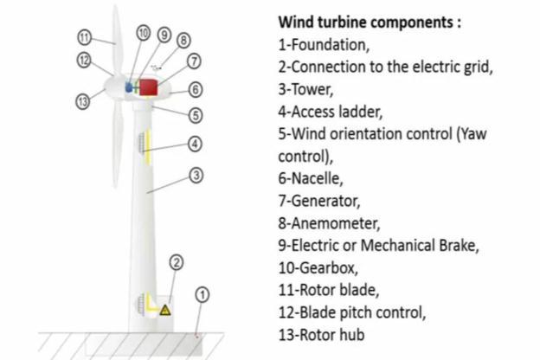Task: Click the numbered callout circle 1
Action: tap(201, 295)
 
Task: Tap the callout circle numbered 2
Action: tap(176, 261)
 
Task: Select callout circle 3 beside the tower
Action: tap(196, 176)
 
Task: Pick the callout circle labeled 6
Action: tap(196, 89)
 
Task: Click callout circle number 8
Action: tap(183, 40)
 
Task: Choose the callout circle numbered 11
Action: tap(84, 38)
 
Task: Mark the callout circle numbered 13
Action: tap(83, 100)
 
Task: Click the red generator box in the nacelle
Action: tap(150, 87)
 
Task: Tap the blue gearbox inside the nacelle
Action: tap(131, 87)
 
